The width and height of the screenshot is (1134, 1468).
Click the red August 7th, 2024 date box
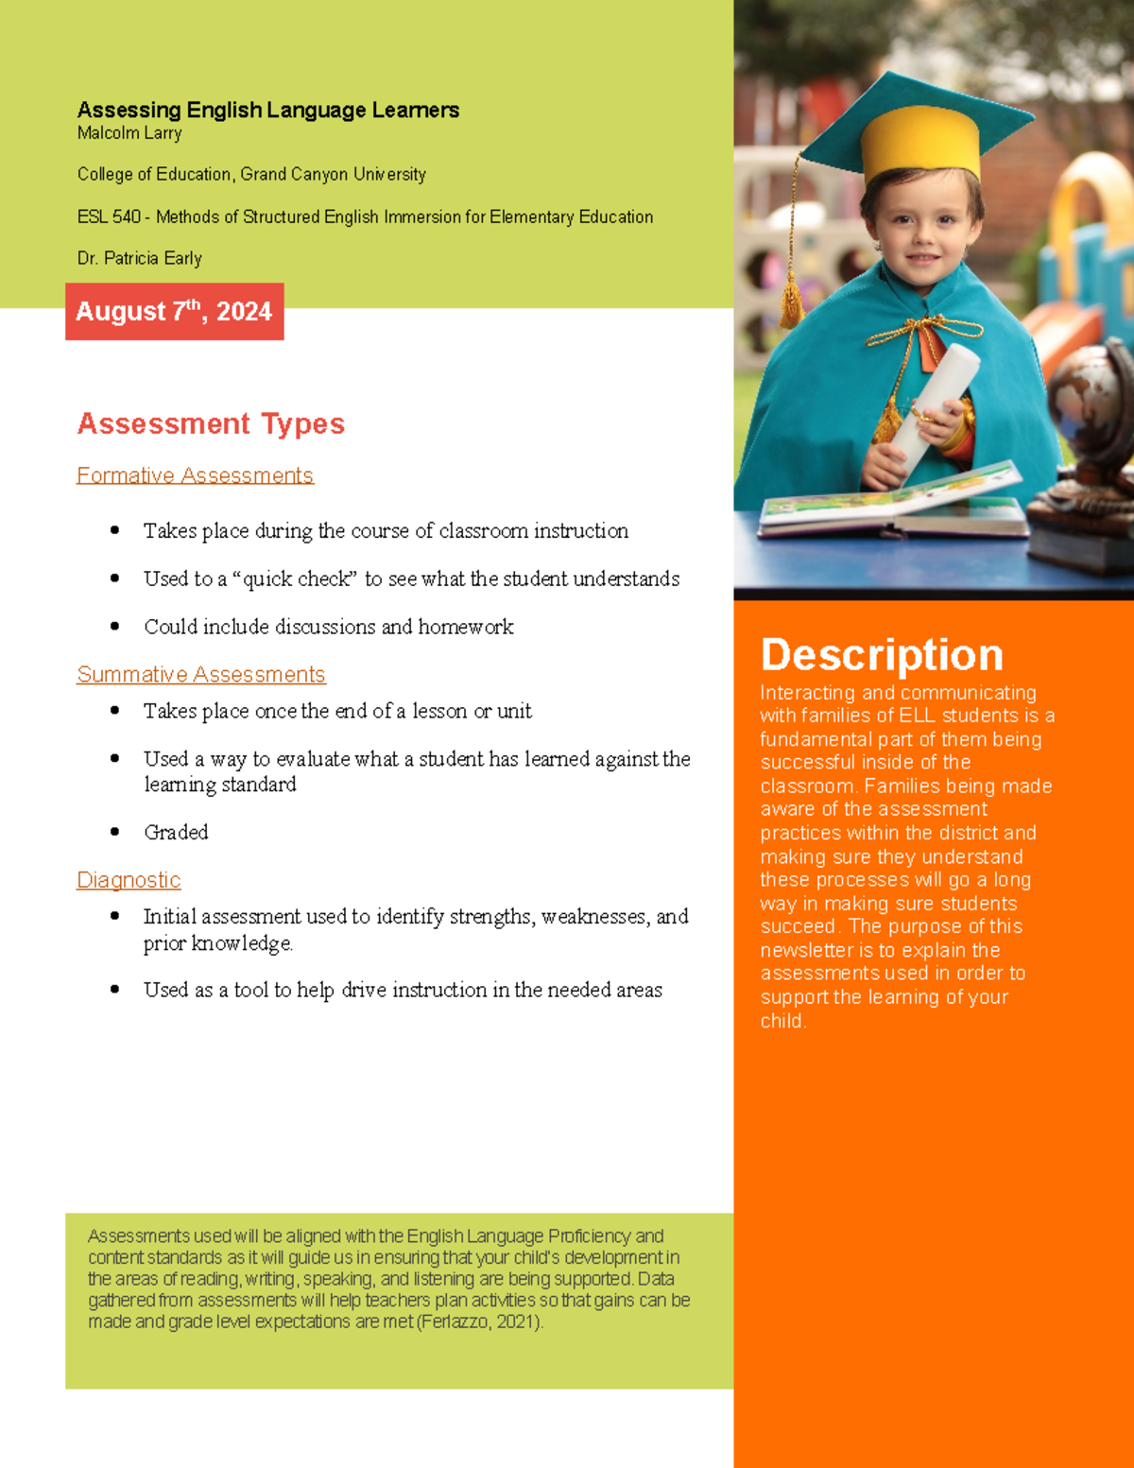(x=174, y=311)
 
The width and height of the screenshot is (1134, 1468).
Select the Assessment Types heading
(x=211, y=423)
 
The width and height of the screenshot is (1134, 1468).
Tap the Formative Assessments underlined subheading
(x=195, y=475)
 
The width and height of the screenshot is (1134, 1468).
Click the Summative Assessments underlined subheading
(x=201, y=674)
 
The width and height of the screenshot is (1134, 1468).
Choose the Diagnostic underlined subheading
(x=129, y=880)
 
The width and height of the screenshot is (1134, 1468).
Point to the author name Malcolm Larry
(x=129, y=133)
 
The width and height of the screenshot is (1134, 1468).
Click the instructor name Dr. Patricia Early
(x=140, y=258)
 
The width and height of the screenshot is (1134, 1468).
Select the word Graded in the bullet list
(x=176, y=832)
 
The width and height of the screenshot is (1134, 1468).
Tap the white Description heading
(x=882, y=654)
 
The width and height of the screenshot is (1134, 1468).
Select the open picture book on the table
(x=888, y=501)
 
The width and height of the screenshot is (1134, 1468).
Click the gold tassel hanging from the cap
(x=791, y=298)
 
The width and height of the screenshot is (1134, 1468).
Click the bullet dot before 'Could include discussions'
(x=114, y=626)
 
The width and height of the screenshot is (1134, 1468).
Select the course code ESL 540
(x=109, y=216)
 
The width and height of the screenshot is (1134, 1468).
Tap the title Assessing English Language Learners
(x=268, y=110)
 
